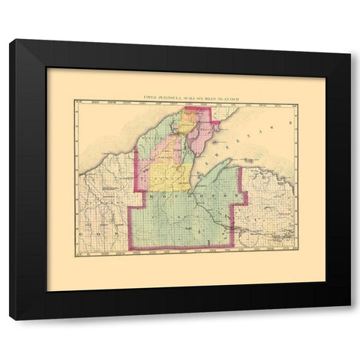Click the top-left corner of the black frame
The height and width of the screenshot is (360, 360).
(10, 40)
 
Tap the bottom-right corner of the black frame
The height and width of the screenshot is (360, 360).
(349, 319)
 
